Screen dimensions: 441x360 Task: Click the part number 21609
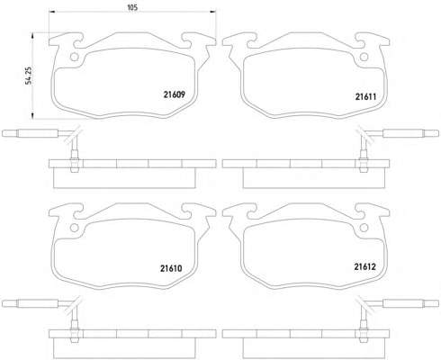(x=175, y=94)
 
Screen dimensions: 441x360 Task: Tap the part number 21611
(x=365, y=96)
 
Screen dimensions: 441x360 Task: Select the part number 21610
(x=171, y=268)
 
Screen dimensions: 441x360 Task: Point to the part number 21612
(x=364, y=266)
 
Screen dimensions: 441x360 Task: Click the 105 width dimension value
(x=132, y=7)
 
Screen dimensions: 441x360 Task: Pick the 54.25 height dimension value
(x=29, y=76)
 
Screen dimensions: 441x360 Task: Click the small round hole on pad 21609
(x=74, y=57)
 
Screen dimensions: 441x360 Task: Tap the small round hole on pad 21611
(x=364, y=57)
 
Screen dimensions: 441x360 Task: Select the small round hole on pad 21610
(x=74, y=228)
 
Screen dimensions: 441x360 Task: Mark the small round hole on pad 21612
(x=364, y=228)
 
